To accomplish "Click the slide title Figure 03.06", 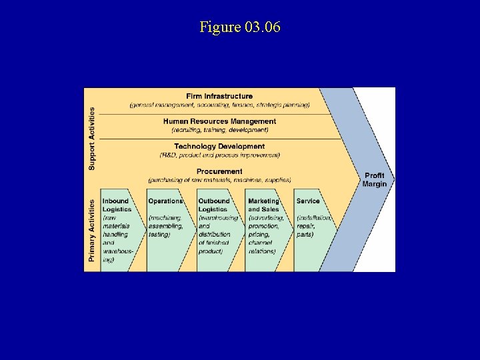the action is pos(240,27).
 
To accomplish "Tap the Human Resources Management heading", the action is pos(219,121).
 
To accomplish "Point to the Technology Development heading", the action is pos(219,147).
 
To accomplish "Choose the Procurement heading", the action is pos(219,171).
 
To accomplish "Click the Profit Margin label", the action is pos(375,180).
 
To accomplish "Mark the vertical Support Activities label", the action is pos(92,138).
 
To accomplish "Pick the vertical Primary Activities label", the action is pos(92,228).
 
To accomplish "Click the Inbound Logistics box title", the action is pos(117,205).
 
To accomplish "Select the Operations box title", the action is pos(165,201).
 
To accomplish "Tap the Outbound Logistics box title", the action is pos(214,205).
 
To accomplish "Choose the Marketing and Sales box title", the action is pos(264,205).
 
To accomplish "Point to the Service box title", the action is pos(308,201).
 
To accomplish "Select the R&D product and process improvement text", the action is pos(219,155).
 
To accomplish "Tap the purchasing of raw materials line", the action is pos(219,180).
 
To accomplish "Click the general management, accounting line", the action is pos(219,105).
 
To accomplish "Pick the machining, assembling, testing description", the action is pos(164,226).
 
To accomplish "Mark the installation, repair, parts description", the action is pos(313,226).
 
